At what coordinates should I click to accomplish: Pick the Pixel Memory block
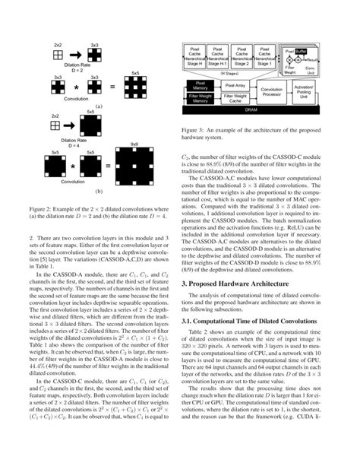200,86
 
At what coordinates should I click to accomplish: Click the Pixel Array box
236,86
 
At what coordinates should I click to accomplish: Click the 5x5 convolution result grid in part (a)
134,86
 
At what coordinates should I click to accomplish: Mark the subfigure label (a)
99,108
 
